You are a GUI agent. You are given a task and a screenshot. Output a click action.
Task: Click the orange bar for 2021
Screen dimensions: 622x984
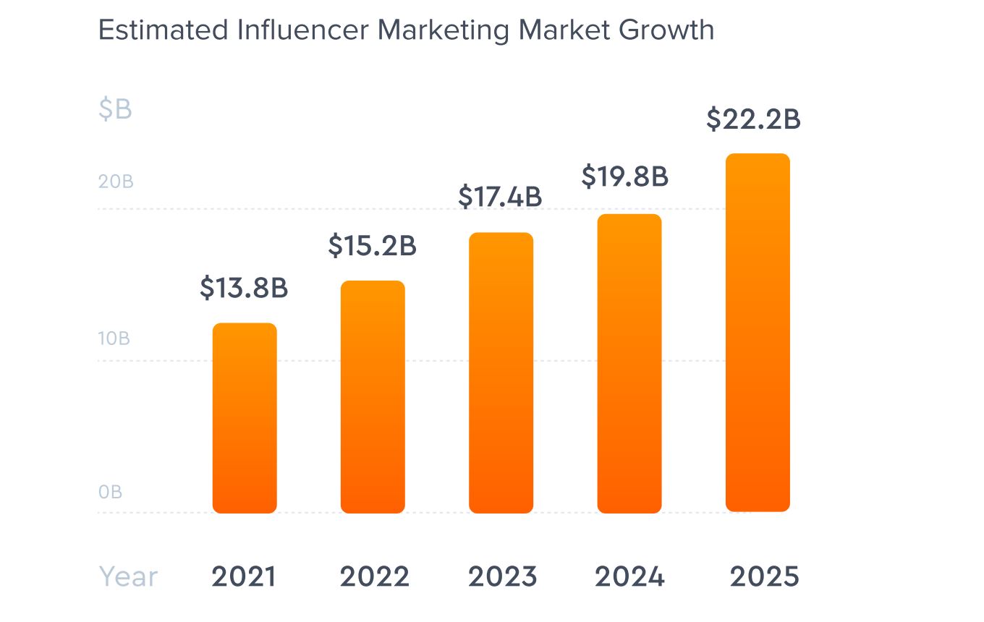(x=245, y=418)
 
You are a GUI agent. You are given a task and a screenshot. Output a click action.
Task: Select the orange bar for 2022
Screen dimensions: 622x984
(x=373, y=397)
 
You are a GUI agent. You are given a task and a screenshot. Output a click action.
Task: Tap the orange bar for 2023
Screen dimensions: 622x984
(x=501, y=373)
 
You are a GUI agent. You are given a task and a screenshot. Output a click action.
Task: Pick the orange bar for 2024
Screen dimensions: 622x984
(x=629, y=364)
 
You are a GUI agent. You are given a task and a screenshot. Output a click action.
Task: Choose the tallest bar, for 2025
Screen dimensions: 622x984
(x=758, y=333)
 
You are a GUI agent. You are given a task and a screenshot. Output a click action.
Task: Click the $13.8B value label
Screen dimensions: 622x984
(x=245, y=288)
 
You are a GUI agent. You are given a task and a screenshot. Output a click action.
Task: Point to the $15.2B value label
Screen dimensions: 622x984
(x=373, y=245)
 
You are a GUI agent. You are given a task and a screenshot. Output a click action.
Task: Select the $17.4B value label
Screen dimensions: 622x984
(x=500, y=197)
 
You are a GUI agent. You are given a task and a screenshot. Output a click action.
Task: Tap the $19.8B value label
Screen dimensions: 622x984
(x=625, y=176)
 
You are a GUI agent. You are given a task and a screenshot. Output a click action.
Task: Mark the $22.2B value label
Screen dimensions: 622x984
(x=753, y=119)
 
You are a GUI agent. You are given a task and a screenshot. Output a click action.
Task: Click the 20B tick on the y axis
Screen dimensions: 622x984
(x=116, y=182)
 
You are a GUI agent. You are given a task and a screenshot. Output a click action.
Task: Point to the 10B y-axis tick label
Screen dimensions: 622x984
(x=114, y=338)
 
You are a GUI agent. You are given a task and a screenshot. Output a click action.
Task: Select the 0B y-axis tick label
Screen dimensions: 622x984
(x=111, y=493)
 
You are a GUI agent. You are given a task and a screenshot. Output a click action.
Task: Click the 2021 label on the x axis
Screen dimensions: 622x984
(x=244, y=577)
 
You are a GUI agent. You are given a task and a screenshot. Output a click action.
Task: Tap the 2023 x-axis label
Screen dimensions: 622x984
(x=502, y=577)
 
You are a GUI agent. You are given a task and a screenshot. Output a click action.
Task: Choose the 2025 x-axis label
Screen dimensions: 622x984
(x=764, y=577)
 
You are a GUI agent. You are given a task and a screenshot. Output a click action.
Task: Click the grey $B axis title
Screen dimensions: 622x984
(x=115, y=109)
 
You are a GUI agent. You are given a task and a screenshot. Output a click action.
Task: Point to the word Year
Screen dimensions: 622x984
(x=128, y=577)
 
